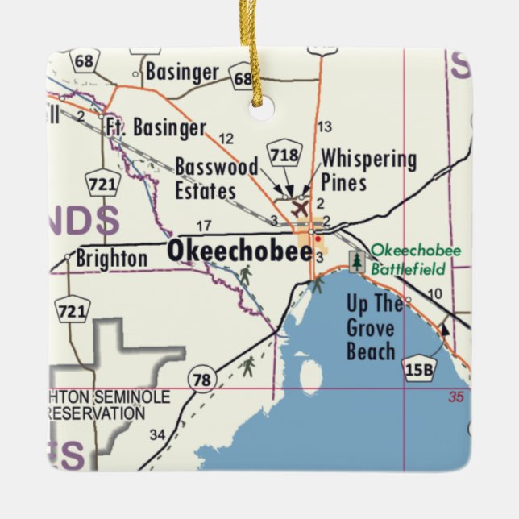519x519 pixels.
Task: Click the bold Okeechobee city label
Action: point(239,251)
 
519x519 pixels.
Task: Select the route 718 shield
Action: point(286,156)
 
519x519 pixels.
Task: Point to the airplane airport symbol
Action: point(300,209)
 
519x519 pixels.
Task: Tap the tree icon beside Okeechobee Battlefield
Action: point(356,260)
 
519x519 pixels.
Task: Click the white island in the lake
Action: point(309,376)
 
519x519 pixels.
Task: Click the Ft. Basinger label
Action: point(156,127)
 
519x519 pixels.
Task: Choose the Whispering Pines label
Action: point(368,170)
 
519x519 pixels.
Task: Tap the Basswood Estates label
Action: point(216,179)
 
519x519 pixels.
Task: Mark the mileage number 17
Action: point(204,226)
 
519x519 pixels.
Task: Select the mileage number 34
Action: point(157,435)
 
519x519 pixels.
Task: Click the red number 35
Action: point(457,397)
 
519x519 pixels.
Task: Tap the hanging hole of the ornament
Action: point(261,108)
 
